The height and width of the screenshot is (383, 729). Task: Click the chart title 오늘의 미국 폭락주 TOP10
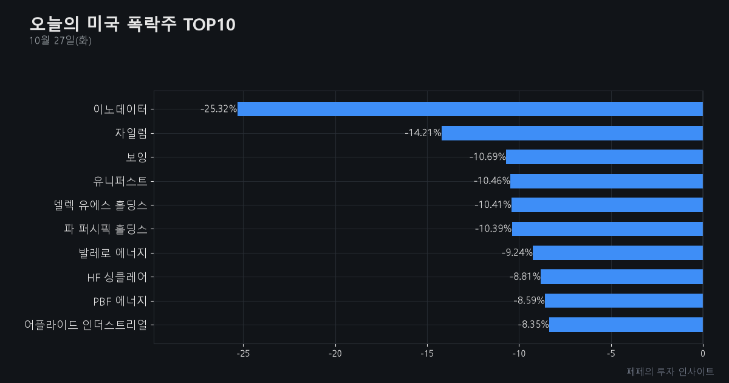(132, 24)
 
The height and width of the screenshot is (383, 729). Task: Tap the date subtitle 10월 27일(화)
(60, 40)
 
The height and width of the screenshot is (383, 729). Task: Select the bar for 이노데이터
(470, 109)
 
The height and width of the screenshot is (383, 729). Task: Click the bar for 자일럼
(572, 133)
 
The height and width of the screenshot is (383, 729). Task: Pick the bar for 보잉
(604, 157)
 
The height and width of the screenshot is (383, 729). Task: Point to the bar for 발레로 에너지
(618, 253)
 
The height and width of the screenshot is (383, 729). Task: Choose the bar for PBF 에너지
(624, 300)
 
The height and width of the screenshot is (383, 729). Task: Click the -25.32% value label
(219, 109)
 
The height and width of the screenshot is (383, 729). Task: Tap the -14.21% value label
(423, 133)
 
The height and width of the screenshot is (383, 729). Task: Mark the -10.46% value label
(491, 181)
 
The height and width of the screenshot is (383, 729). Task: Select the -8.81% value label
(525, 277)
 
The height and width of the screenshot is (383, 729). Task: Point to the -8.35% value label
(533, 325)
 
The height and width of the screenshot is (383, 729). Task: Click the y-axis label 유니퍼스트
(120, 181)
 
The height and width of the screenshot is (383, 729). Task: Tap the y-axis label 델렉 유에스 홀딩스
(101, 205)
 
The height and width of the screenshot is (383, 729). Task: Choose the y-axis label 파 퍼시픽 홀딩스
(106, 229)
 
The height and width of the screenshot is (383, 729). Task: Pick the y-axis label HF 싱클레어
(117, 277)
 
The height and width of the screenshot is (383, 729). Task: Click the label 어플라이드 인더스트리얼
(86, 325)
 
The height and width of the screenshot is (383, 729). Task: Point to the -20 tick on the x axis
(335, 354)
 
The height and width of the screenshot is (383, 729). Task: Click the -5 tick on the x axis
(611, 354)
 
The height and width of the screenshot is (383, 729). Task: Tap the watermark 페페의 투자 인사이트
(670, 371)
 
